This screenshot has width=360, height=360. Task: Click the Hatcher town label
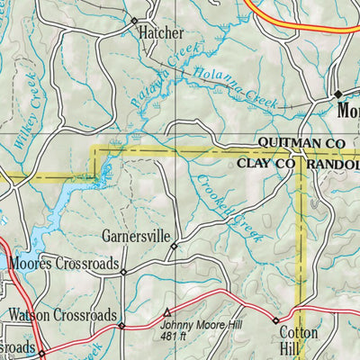160,33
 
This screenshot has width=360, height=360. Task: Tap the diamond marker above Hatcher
134,20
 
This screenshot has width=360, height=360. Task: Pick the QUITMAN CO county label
301,143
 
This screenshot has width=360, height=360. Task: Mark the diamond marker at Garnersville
175,245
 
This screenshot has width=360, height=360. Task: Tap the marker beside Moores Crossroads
124,271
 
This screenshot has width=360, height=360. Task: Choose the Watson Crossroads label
62,316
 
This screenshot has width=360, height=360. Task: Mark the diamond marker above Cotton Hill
275,319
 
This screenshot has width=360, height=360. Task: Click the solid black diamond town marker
338,94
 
